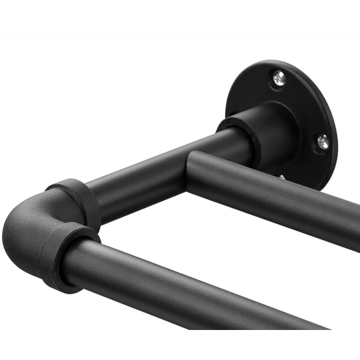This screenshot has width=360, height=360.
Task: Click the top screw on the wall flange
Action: (279, 78)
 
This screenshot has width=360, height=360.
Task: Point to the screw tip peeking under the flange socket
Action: (282, 177)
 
